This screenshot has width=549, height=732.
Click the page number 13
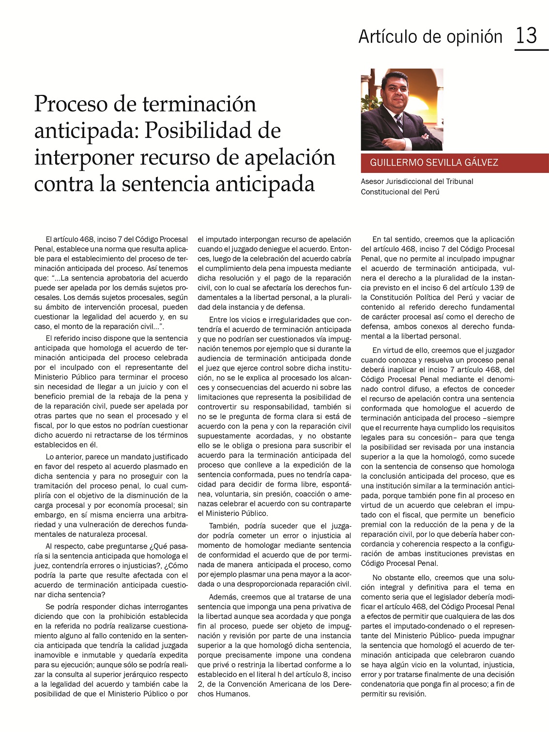pyautogui.click(x=526, y=36)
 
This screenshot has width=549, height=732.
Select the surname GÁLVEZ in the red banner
pyautogui.click(x=480, y=163)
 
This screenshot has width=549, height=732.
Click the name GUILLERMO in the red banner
pyautogui.click(x=394, y=163)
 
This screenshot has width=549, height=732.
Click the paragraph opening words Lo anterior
pyautogui.click(x=63, y=457)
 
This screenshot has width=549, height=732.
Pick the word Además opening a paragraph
pyautogui.click(x=223, y=597)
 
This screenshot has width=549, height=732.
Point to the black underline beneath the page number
pyautogui.click(x=531, y=49)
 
